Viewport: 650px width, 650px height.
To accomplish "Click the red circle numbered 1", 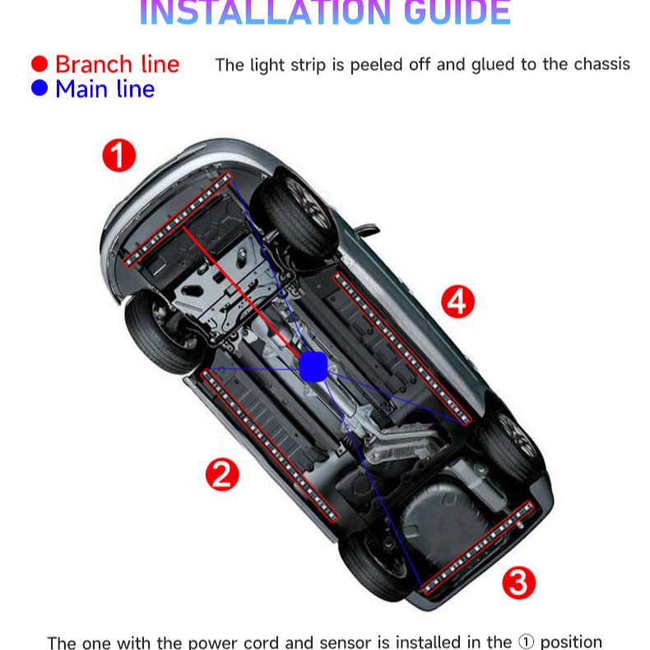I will pos(118,155).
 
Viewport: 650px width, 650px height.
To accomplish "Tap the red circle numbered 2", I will pos(221,474).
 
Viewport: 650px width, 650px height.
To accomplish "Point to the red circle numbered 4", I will pos(458,301).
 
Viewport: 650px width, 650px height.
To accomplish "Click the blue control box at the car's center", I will pos(313,366).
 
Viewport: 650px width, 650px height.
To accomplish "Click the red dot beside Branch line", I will pos(39,64).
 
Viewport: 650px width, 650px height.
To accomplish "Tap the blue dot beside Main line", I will pos(39,88).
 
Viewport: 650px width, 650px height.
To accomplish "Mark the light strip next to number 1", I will pos(176,220).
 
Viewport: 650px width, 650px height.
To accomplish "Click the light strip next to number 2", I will pos(270,445).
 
